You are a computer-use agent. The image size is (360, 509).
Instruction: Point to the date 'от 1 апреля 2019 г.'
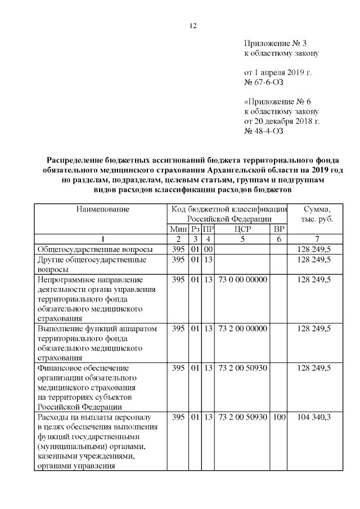click(277, 73)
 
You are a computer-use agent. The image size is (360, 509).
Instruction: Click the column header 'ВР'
click(278, 229)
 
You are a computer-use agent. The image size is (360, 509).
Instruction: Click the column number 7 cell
click(316, 239)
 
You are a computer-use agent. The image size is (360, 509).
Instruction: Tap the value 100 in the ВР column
click(279, 417)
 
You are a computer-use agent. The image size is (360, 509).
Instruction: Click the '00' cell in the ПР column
click(208, 249)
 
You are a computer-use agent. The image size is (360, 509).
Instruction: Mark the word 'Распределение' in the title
click(74, 160)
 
